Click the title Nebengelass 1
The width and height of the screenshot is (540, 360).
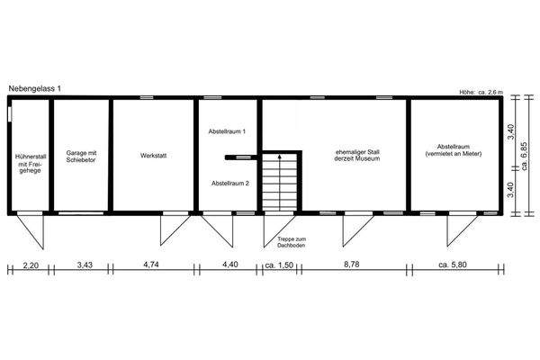point(35,87)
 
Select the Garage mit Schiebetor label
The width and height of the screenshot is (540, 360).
point(81,157)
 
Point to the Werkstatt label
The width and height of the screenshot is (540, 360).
point(154,156)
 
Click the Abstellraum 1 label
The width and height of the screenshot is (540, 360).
point(229,132)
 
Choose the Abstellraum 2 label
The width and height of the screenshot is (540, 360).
point(229,183)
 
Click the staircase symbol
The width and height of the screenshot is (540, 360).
point(280,182)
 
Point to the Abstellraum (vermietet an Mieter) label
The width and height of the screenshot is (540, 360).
point(453,150)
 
